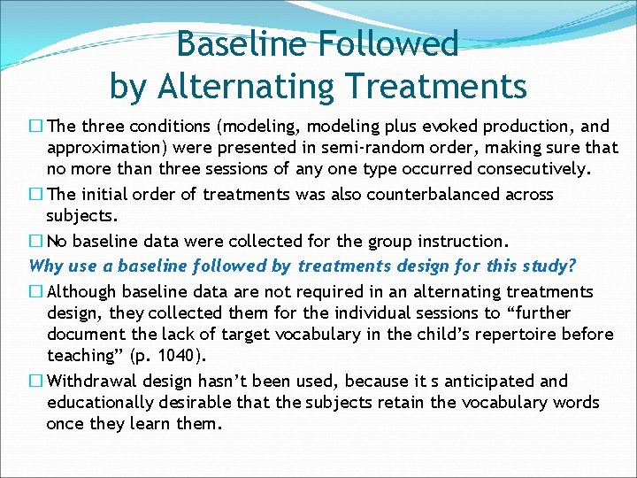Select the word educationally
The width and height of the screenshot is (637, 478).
pyautogui.click(x=102, y=402)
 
